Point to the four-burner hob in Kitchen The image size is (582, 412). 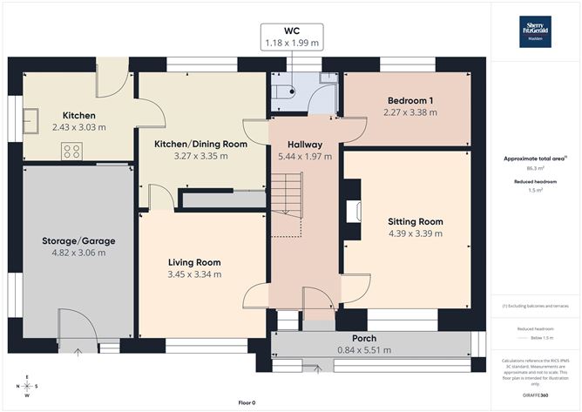point(72,151)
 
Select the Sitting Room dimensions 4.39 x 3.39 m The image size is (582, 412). point(415,233)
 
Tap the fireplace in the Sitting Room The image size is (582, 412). point(353,211)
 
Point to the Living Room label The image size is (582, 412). point(194,262)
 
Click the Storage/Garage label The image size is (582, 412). point(78,240)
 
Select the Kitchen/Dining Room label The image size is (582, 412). point(200,144)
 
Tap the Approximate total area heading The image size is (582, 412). point(534,159)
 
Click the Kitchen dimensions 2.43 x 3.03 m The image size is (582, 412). point(78,127)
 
